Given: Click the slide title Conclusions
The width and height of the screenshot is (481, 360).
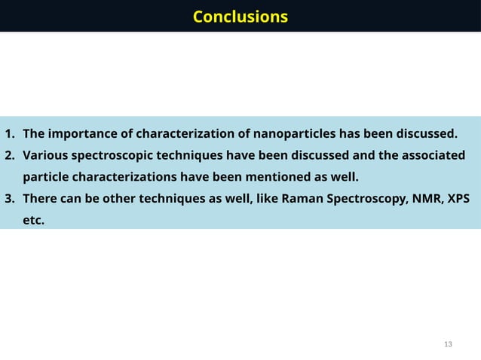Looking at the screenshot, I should click(x=240, y=17).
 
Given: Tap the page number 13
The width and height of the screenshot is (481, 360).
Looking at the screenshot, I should click(x=449, y=344).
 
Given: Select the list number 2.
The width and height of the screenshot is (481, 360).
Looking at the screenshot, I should click(x=10, y=156).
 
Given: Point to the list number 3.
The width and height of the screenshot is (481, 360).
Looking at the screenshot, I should click(x=10, y=200).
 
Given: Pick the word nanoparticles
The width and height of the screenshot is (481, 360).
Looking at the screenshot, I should click(x=294, y=135).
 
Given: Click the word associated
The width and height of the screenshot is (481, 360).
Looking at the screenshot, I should click(x=433, y=156).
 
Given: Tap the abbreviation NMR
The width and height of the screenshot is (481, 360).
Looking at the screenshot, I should click(x=425, y=200).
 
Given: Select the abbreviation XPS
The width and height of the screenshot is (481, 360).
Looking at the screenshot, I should click(x=458, y=200).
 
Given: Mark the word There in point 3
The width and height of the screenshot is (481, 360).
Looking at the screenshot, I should click(x=40, y=200).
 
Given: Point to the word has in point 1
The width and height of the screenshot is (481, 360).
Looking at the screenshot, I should click(x=349, y=135).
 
